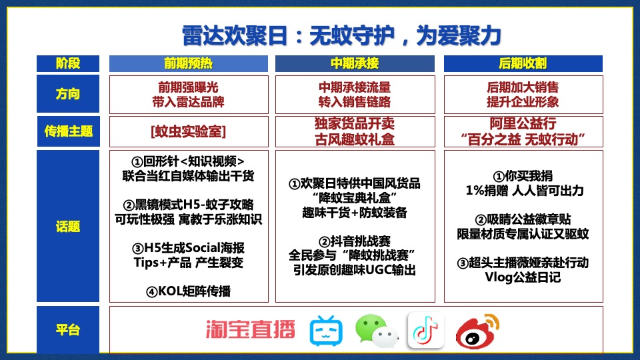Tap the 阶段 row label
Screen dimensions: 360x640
[68, 63]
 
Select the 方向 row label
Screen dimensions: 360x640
[68, 94]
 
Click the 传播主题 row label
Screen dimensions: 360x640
[68, 131]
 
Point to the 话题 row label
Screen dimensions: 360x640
[68, 226]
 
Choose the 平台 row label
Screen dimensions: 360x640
[68, 330]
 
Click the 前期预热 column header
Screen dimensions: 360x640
[189, 63]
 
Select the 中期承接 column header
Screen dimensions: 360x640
[355, 63]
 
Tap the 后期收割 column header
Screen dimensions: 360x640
[523, 63]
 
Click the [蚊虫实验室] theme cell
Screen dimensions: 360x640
[189, 131]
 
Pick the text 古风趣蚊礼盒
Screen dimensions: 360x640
[355, 140]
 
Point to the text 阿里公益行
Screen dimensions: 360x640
[523, 123]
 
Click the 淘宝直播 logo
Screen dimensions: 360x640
[250, 330]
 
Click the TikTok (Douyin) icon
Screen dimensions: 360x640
[426, 330]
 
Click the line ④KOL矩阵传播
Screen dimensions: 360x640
[189, 291]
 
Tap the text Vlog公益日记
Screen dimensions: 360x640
[523, 277]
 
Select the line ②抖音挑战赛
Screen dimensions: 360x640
[355, 241]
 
